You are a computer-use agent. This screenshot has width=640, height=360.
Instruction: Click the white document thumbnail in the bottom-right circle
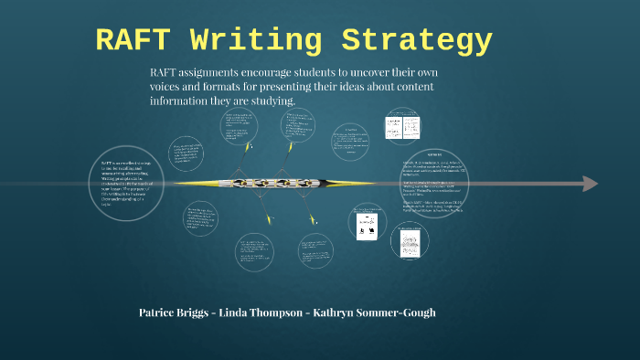tap(410, 240)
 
